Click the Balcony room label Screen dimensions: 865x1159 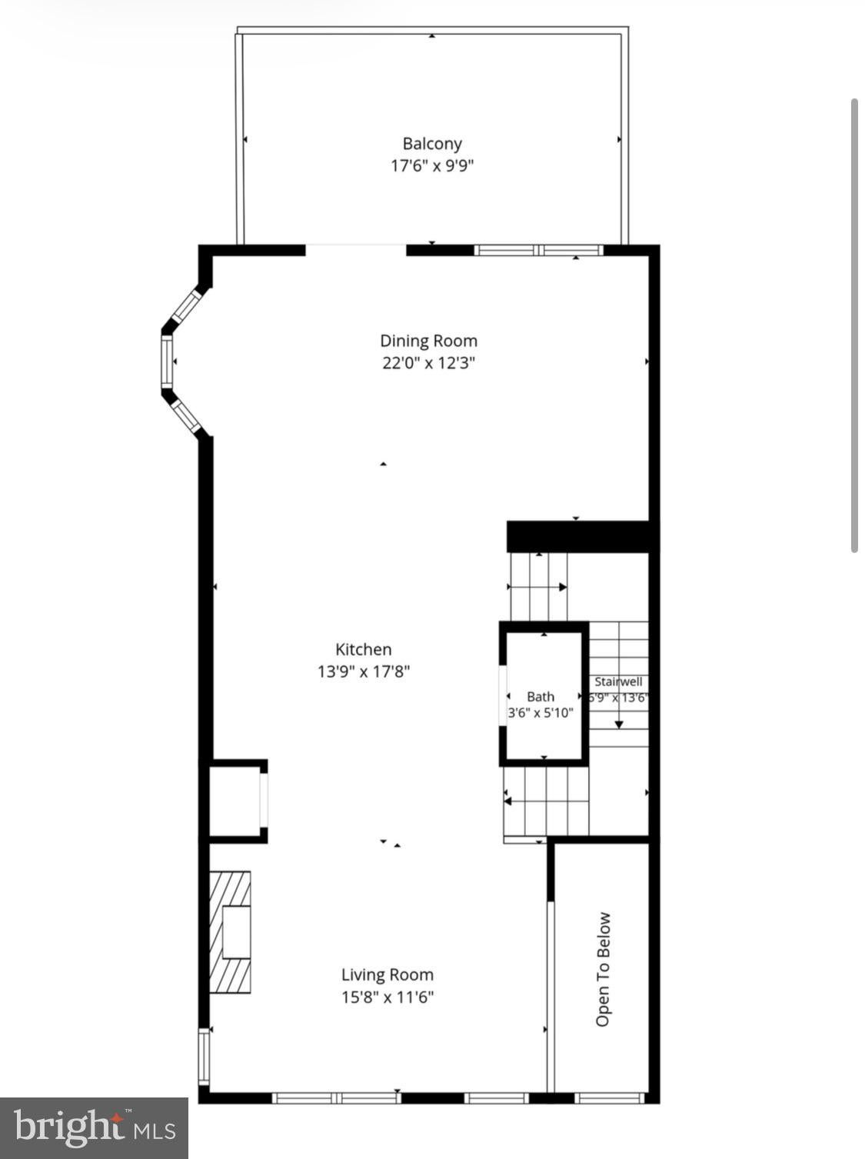pos(431,144)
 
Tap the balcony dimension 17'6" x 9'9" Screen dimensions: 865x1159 pos(431,166)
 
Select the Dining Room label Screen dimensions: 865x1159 pos(428,341)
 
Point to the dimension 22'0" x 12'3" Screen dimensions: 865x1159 pos(428,363)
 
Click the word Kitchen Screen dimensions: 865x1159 pos(364,649)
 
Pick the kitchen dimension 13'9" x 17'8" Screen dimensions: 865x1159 pos(364,671)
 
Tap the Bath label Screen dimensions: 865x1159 pos(541,697)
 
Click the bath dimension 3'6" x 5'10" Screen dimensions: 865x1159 pos(541,713)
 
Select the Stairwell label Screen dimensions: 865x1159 pos(618,681)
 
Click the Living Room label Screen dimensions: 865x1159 pos(388,974)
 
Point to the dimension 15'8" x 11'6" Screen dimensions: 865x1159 pos(388,997)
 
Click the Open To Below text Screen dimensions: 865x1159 pos(603,970)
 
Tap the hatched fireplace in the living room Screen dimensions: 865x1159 pos(230,932)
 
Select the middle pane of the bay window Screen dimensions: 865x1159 pos(168,361)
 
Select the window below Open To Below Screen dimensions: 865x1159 pos(610,1098)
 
